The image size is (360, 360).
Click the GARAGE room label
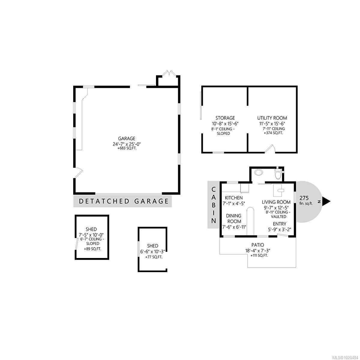click(x=127, y=138)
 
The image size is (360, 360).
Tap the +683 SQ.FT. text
click(x=127, y=148)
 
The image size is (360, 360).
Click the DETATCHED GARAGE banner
click(x=123, y=201)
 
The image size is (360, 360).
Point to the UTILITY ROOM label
click(x=272, y=118)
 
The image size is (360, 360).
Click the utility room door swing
click(x=271, y=149)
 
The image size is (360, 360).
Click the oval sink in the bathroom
click(x=258, y=172)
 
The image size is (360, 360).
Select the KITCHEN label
click(x=234, y=198)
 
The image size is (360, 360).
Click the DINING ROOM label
click(x=234, y=218)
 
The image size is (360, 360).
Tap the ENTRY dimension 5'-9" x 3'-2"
click(x=279, y=229)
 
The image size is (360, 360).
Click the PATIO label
click(x=258, y=245)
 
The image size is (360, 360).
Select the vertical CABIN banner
click(x=214, y=205)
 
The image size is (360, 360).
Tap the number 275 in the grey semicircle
click(x=304, y=198)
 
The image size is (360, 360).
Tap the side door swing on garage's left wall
click(x=78, y=173)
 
